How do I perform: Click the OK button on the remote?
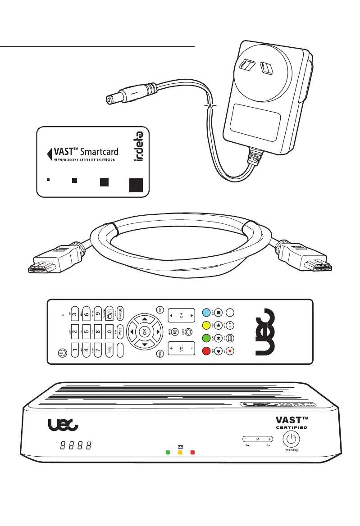click(x=145, y=331)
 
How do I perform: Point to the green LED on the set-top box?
click(x=168, y=452)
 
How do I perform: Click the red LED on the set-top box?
click(x=192, y=452)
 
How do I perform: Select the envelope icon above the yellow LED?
click(x=180, y=445)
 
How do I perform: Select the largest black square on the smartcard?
click(x=136, y=185)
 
